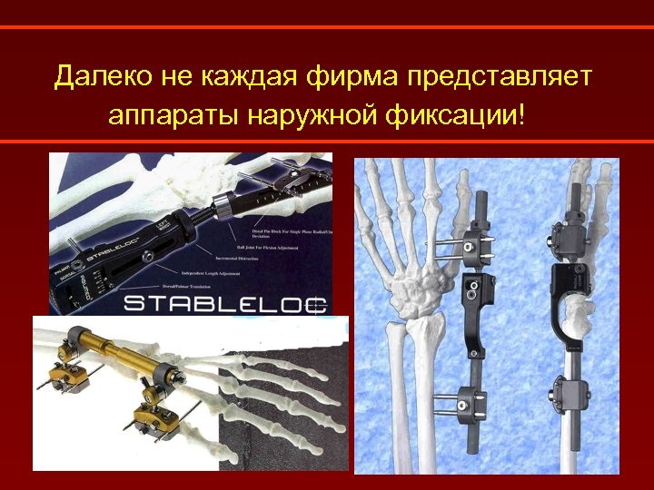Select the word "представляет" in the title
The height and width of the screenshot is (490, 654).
(500, 76)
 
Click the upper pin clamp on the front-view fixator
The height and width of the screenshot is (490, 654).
(473, 244)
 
